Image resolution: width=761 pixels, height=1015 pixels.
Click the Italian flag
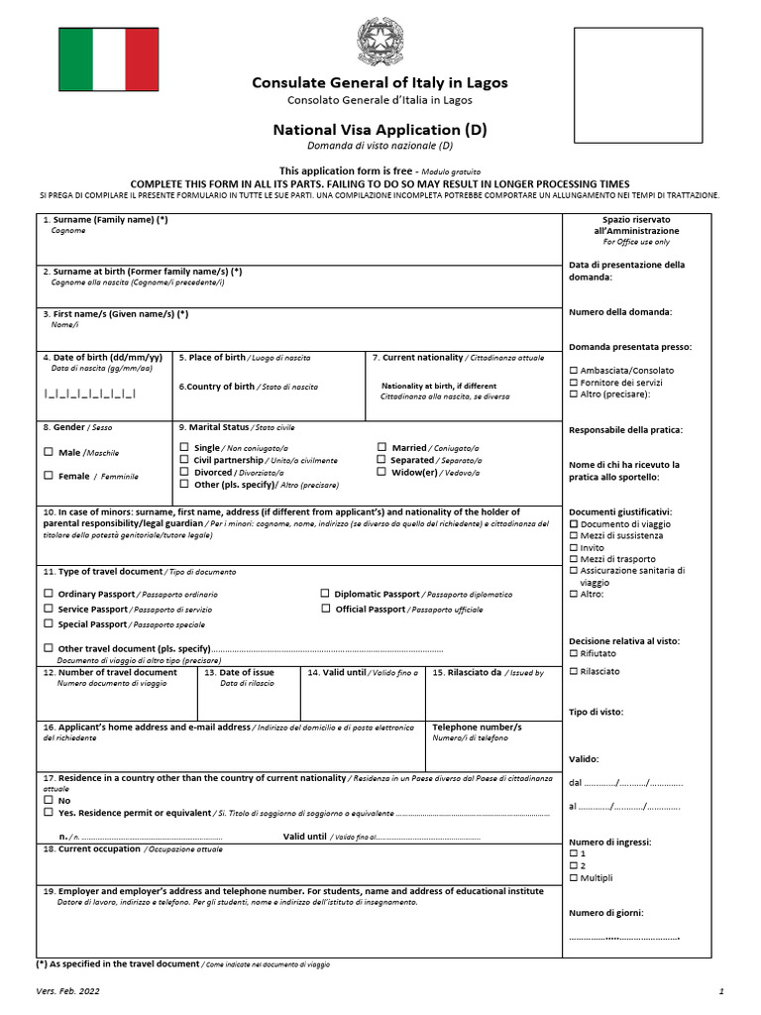(108, 59)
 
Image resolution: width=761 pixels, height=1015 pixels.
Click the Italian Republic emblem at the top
(380, 43)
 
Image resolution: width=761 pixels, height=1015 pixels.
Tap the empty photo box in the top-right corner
(638, 85)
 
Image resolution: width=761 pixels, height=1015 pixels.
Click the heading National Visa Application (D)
(380, 130)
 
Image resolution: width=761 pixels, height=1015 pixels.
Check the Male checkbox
(49, 452)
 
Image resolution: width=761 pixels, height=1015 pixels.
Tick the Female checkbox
(49, 476)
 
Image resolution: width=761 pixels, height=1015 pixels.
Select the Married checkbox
(381, 448)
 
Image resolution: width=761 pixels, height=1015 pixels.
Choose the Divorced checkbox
(183, 473)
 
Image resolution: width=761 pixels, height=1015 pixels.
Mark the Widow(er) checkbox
(381, 473)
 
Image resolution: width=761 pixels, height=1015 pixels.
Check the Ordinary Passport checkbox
(49, 594)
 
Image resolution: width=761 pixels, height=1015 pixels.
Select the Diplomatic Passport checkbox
(324, 594)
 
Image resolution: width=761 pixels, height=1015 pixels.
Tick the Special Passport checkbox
(49, 624)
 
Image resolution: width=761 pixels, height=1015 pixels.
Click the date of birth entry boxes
(89, 394)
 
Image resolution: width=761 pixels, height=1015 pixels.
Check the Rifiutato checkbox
(574, 653)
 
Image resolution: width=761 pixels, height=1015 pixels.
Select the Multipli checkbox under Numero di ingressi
(574, 877)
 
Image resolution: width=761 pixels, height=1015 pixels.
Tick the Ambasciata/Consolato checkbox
(574, 371)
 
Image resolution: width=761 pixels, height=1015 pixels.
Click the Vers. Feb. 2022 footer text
(67, 990)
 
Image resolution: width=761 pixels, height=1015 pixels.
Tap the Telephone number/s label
(477, 727)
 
